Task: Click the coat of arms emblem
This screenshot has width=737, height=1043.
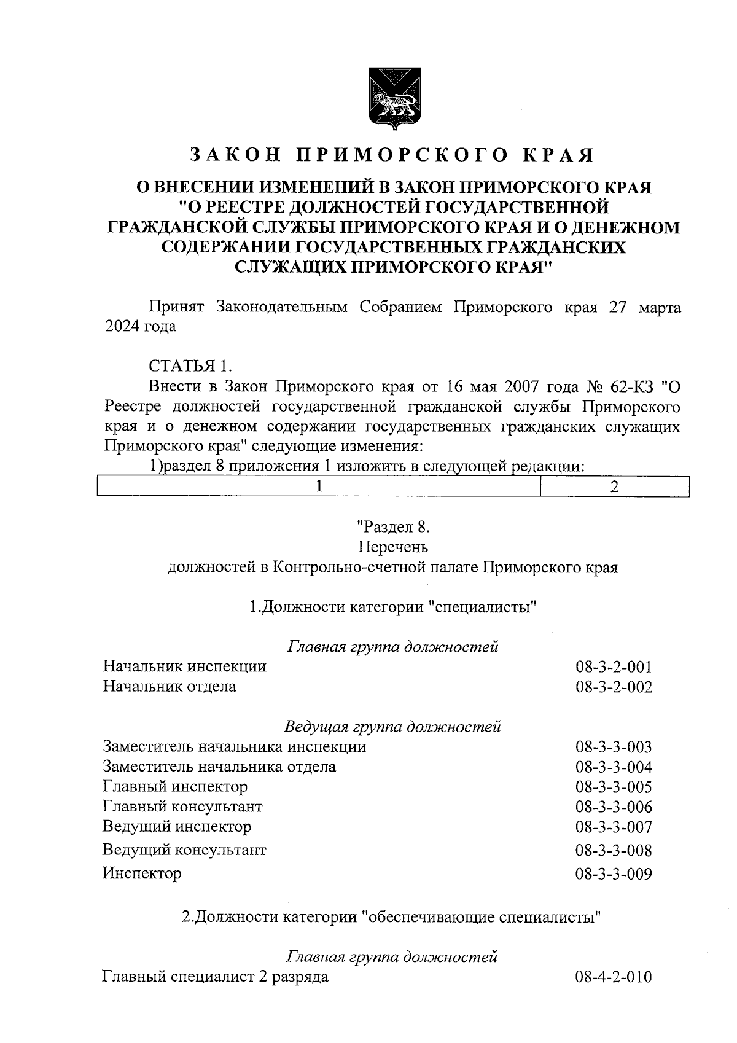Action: (392, 100)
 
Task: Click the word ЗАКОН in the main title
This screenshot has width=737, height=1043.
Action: (235, 155)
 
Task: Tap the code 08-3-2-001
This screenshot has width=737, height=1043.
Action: (614, 667)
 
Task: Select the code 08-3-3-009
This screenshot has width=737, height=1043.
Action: (614, 873)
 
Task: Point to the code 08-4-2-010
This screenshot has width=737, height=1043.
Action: (614, 977)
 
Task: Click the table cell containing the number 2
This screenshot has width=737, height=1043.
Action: (614, 486)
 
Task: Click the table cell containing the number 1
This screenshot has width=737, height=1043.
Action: (319, 486)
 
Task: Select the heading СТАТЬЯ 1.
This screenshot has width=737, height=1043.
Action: (190, 367)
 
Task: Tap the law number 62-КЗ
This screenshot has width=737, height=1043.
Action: (634, 387)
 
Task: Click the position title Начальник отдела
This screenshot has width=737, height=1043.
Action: (170, 686)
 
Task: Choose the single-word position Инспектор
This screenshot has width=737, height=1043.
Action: (142, 873)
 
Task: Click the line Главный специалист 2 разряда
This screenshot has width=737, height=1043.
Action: (215, 977)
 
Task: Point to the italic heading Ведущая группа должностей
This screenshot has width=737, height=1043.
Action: (392, 727)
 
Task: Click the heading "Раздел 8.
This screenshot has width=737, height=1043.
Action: (392, 526)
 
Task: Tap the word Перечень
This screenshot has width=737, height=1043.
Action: (392, 547)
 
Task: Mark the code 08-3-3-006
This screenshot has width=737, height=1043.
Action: (614, 807)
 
